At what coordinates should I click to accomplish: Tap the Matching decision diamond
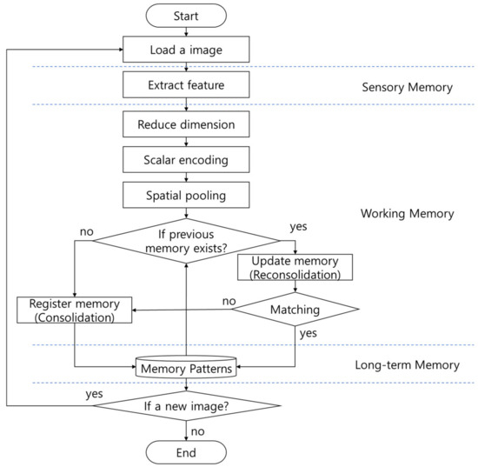pyautogui.click(x=295, y=308)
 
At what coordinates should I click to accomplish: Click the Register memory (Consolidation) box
pyautogui.click(x=75, y=310)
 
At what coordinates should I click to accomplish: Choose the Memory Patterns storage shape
pyautogui.click(x=187, y=368)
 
